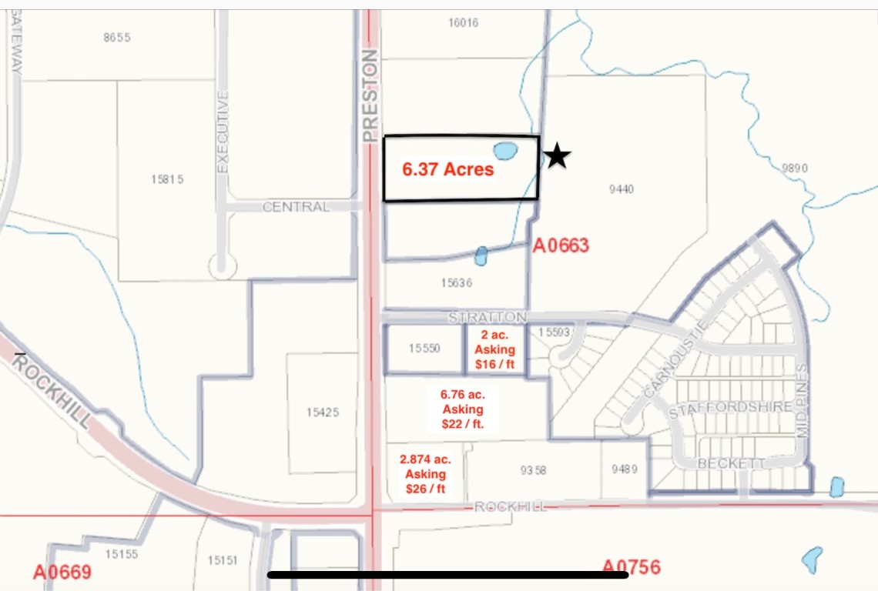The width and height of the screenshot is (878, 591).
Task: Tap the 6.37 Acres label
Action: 447,169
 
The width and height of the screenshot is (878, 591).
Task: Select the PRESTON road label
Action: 370,95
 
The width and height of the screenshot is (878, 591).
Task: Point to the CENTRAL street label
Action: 296,207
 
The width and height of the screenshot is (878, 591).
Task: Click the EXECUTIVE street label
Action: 223,132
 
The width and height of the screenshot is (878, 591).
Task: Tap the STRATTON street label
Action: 488,317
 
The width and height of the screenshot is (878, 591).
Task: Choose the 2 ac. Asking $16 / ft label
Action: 494,350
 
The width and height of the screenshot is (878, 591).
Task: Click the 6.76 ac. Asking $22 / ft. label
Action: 462,409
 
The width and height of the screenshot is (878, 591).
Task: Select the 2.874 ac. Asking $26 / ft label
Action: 425,474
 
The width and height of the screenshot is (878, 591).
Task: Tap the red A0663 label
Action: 561,246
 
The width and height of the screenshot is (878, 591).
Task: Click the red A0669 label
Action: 62,572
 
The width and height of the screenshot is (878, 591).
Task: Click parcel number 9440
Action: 621,189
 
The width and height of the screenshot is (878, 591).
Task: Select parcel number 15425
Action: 322,412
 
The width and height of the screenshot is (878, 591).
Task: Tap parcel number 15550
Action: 424,349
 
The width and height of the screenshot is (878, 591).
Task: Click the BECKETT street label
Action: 732,463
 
